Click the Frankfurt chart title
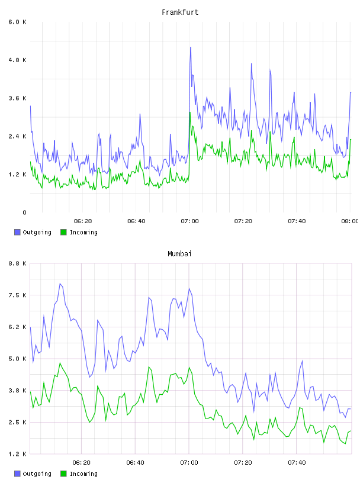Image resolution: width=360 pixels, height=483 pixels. (180, 12)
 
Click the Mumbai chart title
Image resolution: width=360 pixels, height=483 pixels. (179, 254)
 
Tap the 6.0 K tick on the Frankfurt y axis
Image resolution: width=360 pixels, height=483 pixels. (18, 22)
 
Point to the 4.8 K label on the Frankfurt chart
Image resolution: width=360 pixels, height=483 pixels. (18, 60)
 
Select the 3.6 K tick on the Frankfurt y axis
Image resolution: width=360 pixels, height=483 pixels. (18, 98)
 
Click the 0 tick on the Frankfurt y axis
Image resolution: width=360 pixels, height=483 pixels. (24, 212)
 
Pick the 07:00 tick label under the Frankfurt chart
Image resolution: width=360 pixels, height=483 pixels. (190, 221)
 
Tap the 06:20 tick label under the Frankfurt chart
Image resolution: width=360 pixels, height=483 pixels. (83, 221)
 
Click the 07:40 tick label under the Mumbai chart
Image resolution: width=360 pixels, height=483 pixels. (297, 463)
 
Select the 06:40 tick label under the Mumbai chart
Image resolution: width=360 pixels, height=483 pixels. (136, 463)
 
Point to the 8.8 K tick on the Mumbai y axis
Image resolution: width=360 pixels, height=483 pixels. (18, 263)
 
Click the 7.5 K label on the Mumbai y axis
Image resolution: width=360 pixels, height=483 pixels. (18, 295)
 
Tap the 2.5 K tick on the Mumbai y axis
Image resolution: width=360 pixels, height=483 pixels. (18, 422)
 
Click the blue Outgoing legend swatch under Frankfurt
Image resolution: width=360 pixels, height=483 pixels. (17, 232)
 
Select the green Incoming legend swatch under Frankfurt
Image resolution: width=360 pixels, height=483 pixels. (63, 232)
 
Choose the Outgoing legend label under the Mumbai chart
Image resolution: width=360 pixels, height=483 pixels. (37, 474)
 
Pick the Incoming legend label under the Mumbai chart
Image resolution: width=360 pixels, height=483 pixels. (83, 474)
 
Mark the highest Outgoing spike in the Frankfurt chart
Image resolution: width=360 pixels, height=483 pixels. (191, 47)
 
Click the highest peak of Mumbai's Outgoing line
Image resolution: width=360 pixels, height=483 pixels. (60, 284)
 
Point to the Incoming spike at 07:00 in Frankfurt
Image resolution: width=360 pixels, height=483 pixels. (190, 112)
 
